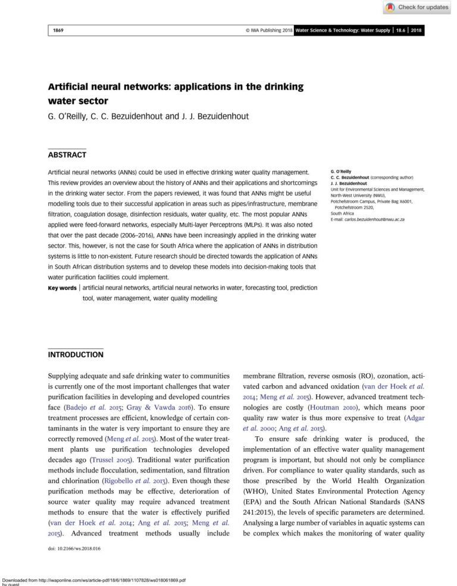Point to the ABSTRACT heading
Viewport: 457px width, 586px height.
[x=67, y=155]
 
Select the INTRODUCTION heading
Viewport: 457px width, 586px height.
[x=75, y=354]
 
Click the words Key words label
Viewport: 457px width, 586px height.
[x=62, y=288]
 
